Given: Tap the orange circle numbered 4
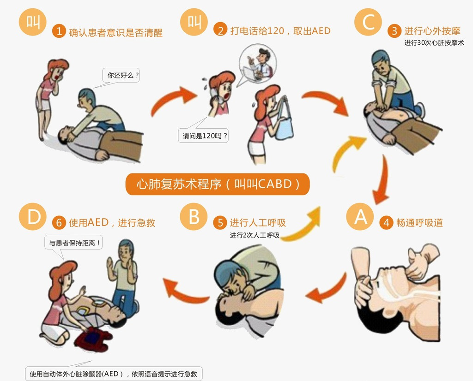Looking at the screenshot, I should pyautogui.click(x=386, y=223).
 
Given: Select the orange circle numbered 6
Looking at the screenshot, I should pyautogui.click(x=59, y=223).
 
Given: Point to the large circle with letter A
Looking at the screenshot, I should pyautogui.click(x=360, y=217).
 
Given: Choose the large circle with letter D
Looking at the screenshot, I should pyautogui.click(x=33, y=217).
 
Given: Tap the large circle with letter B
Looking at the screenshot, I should pyautogui.click(x=194, y=217).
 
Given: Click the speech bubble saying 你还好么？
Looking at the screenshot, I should pyautogui.click(x=121, y=75).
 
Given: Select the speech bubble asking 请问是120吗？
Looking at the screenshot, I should pyautogui.click(x=203, y=136).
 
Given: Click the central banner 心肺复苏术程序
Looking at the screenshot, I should pyautogui.click(x=218, y=184).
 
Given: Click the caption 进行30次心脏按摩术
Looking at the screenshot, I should pyautogui.click(x=434, y=42).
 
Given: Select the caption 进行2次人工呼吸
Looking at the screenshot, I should pyautogui.click(x=255, y=235).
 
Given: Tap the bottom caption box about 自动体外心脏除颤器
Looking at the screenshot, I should pyautogui.click(x=114, y=374).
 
